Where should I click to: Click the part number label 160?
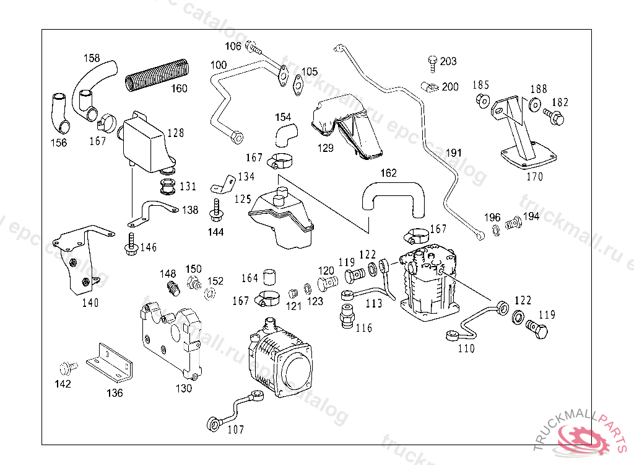(x=179, y=89)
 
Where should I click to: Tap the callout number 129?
(x=325, y=148)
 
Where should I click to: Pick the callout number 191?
(x=454, y=153)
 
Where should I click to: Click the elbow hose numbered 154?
(x=285, y=132)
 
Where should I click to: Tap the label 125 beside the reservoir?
(x=242, y=199)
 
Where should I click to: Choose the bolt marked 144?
(x=216, y=211)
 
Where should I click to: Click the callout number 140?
(x=90, y=303)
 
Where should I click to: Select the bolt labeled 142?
(x=65, y=367)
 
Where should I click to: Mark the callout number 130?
(x=183, y=389)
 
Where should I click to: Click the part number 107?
(x=236, y=429)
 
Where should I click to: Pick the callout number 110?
(x=466, y=348)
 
